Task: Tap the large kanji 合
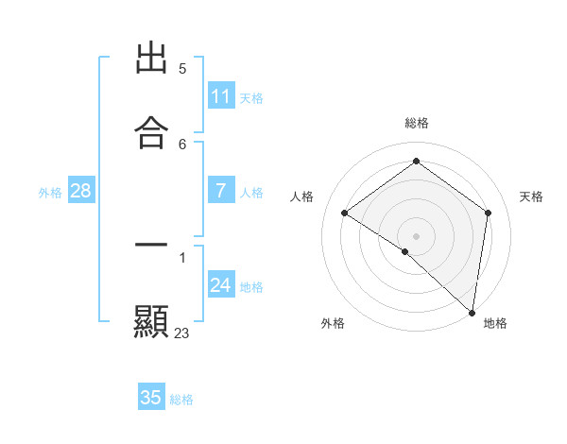(x=151, y=133)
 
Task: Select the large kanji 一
(x=151, y=246)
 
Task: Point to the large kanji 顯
(x=151, y=321)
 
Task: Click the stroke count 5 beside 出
(x=182, y=69)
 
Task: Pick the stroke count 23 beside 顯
(x=182, y=333)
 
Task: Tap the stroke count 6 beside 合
(x=182, y=145)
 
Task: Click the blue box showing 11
(x=221, y=96)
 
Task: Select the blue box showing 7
(x=221, y=191)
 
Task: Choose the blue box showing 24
(x=221, y=285)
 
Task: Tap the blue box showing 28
(x=81, y=191)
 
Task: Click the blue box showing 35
(x=151, y=398)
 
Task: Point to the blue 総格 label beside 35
(x=181, y=400)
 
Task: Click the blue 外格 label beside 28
(x=50, y=193)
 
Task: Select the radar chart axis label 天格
(x=531, y=196)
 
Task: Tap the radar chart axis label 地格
(x=495, y=323)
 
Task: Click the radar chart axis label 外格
(x=333, y=323)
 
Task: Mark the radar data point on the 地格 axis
(x=472, y=313)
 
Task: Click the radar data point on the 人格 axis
(x=345, y=213)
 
